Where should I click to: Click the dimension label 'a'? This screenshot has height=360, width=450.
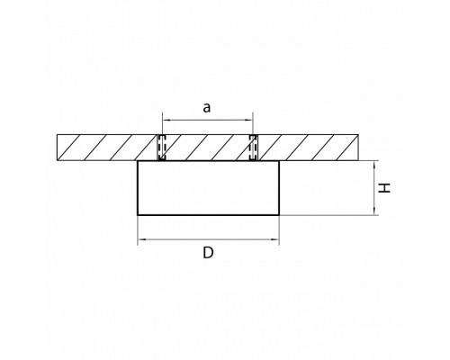[x=207, y=108]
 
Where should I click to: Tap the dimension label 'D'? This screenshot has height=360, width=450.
[x=208, y=253]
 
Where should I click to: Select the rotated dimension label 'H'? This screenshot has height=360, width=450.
[x=384, y=188]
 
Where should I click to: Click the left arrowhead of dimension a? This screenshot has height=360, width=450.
[x=166, y=120]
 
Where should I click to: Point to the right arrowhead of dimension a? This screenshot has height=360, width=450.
[x=249, y=120]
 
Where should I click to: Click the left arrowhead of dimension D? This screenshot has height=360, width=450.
[x=141, y=239]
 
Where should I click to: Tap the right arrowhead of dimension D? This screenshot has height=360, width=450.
[x=275, y=239]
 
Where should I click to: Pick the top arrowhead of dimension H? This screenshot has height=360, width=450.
[x=374, y=165]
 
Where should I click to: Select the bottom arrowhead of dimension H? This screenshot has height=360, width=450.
[x=374, y=211]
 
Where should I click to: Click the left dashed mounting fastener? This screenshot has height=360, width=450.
[x=162, y=148]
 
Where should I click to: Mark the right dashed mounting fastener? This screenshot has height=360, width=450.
[x=253, y=148]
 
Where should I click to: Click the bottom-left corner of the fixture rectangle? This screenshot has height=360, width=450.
[x=138, y=215]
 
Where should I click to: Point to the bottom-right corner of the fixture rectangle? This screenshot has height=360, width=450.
[x=279, y=215]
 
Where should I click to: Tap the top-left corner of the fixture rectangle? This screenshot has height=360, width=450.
[x=138, y=161]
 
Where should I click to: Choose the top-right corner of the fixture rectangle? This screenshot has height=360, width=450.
[x=279, y=161]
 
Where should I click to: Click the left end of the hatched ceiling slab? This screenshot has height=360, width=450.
[x=57, y=148]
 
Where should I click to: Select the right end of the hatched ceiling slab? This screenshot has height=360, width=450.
[x=358, y=148]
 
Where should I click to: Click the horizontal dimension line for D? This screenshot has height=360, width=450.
[x=209, y=239]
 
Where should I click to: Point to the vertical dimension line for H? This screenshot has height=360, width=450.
[x=374, y=188]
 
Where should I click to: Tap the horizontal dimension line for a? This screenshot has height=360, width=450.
[x=208, y=120]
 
